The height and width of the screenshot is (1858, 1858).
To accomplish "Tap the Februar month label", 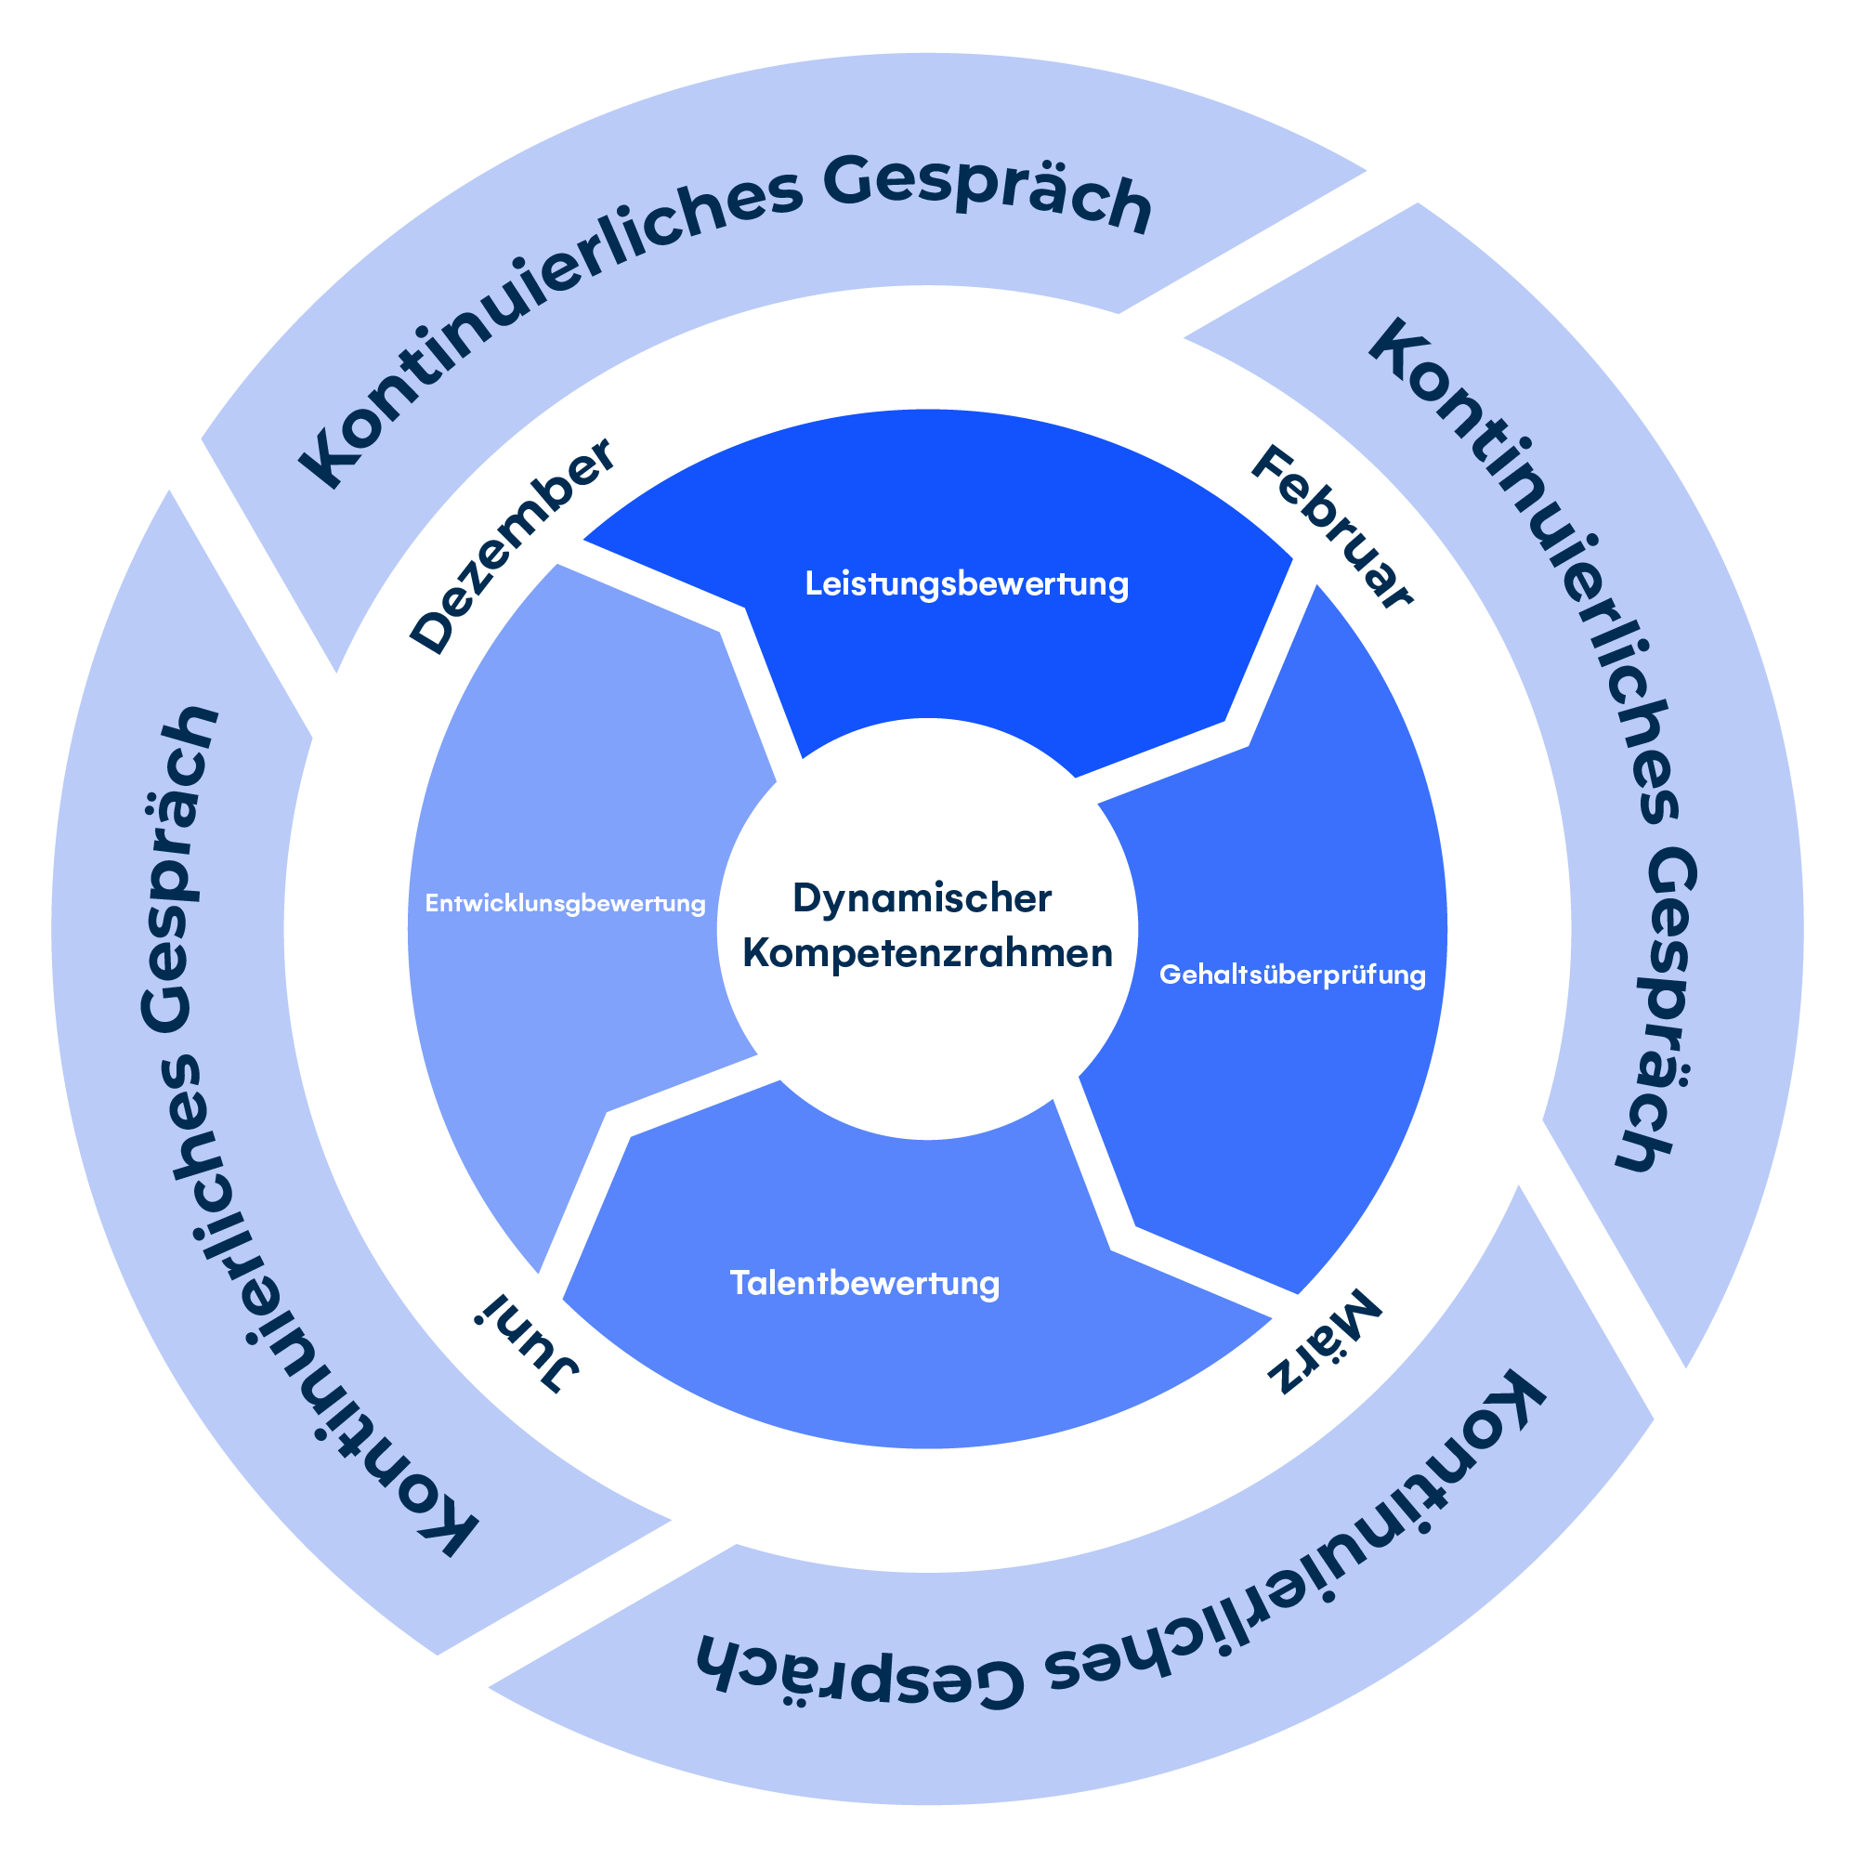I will (x=1331, y=527).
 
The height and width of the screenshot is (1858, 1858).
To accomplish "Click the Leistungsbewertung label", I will (x=966, y=583).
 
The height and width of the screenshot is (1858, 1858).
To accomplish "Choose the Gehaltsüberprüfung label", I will (x=1291, y=975).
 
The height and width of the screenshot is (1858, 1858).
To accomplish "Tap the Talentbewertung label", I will (x=865, y=1284).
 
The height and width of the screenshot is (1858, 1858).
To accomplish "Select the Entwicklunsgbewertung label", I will (x=566, y=904).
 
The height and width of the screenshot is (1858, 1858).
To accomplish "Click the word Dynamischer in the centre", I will (x=922, y=898).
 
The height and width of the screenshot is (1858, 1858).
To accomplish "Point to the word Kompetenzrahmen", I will (x=927, y=954).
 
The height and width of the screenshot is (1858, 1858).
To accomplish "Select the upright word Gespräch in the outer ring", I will (x=988, y=192).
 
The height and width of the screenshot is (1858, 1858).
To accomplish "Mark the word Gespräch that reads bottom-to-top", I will (x=179, y=870).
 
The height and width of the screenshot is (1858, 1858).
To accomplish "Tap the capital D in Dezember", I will (x=432, y=632).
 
